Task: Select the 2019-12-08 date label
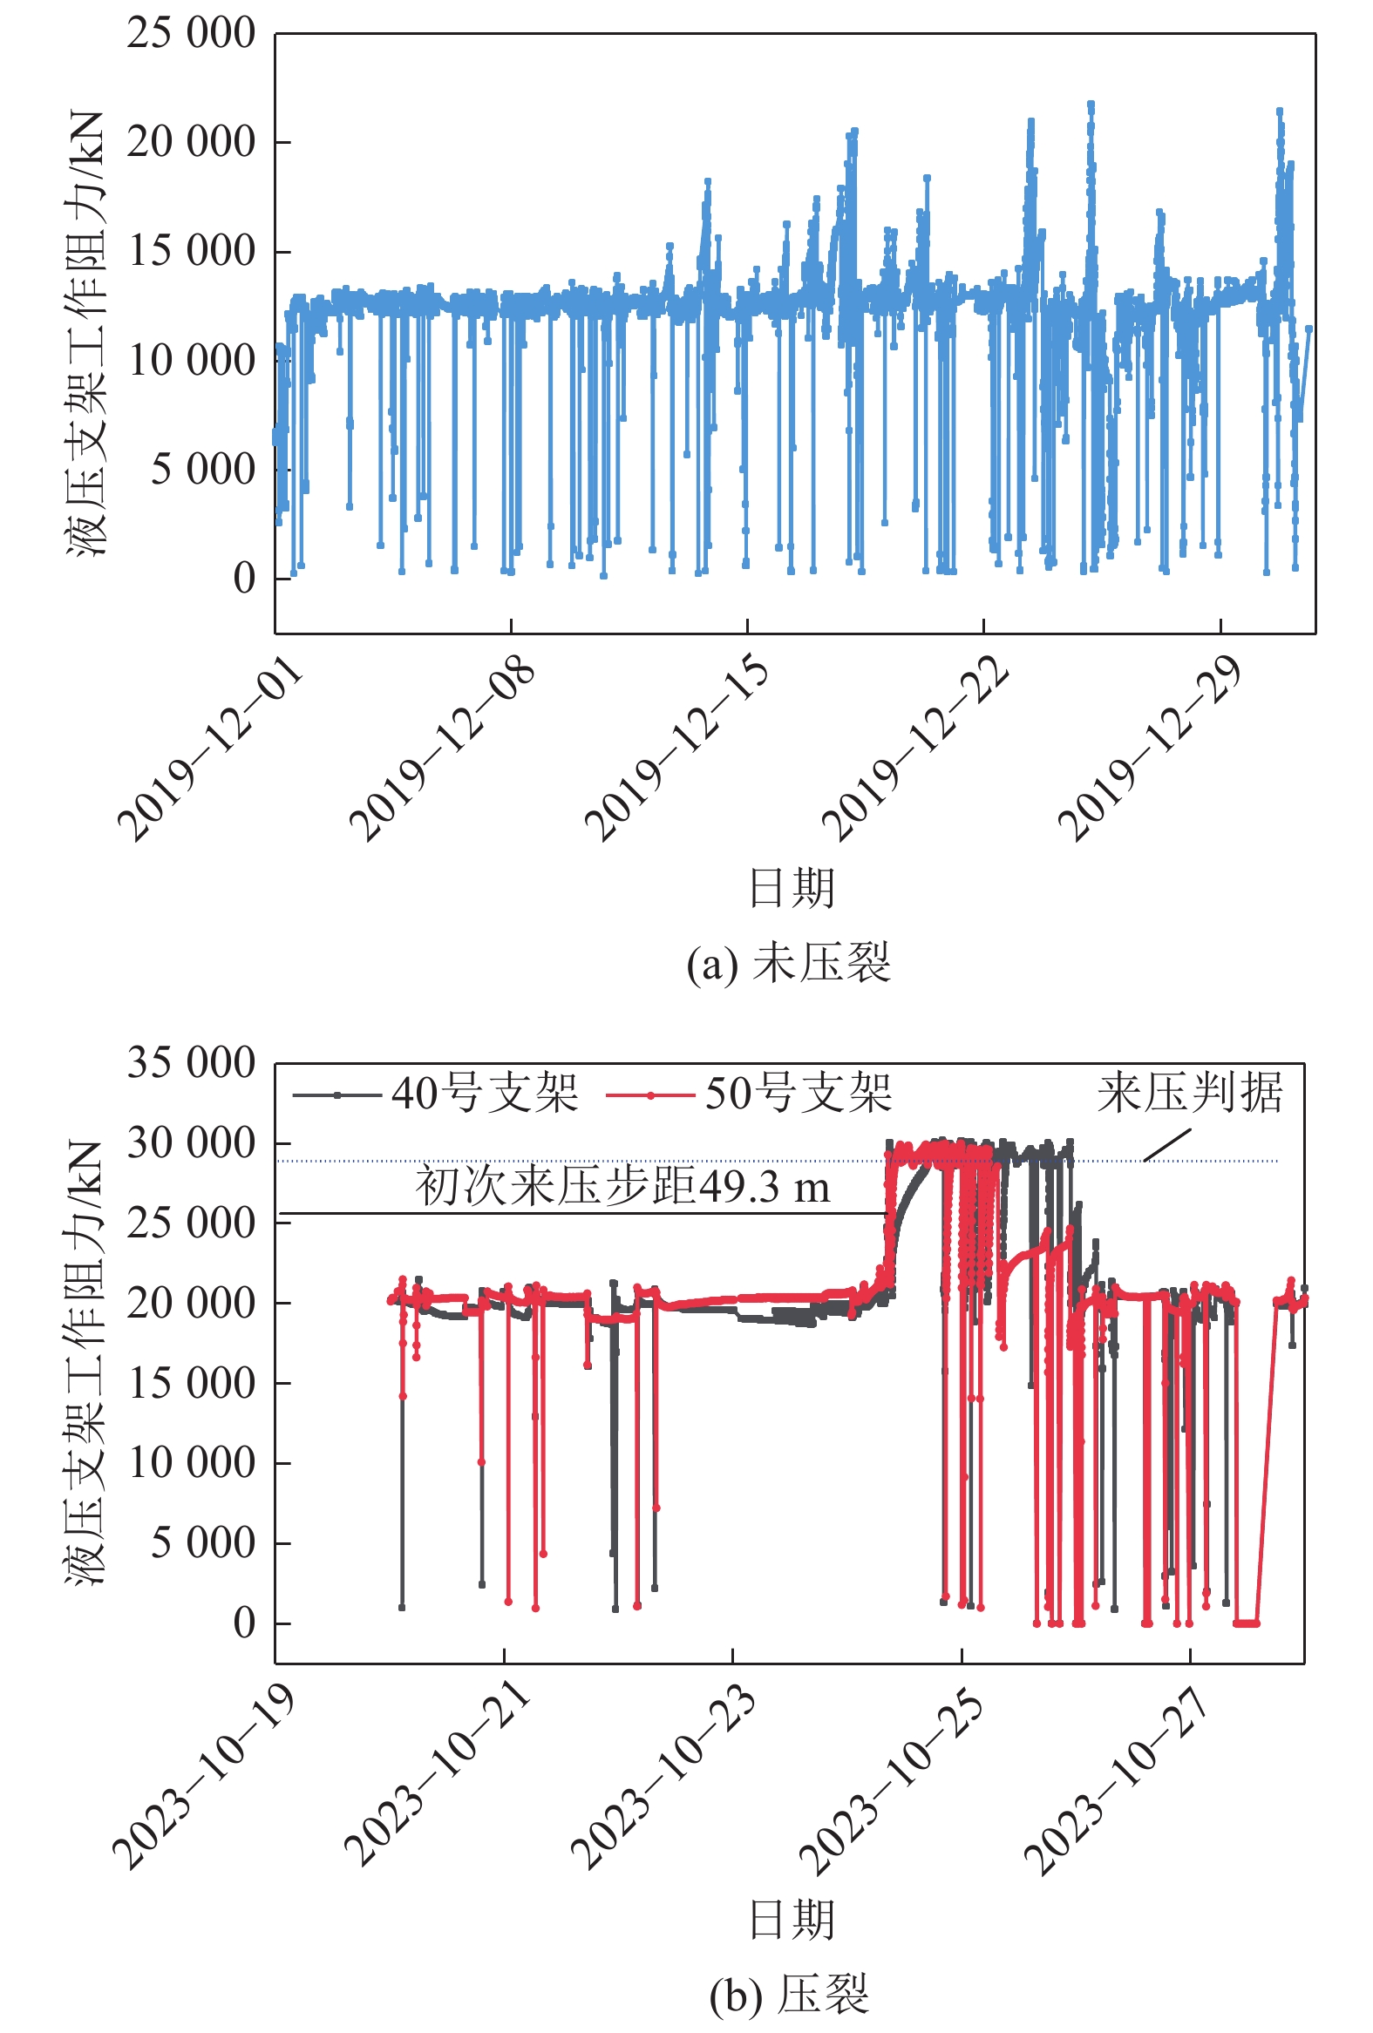[443, 749]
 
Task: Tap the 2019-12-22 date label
[915, 749]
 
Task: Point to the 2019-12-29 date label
[1152, 749]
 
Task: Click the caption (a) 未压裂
[788, 964]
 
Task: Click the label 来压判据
[1190, 1094]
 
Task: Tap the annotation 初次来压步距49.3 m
[622, 1187]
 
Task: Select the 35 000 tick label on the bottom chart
[191, 1064]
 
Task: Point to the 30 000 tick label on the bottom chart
[191, 1143]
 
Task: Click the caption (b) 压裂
[788, 1996]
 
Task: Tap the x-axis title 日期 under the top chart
[792, 889]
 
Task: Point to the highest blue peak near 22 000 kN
[1091, 105]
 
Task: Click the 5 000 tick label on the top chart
[202, 470]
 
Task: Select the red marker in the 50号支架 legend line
[650, 1095]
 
